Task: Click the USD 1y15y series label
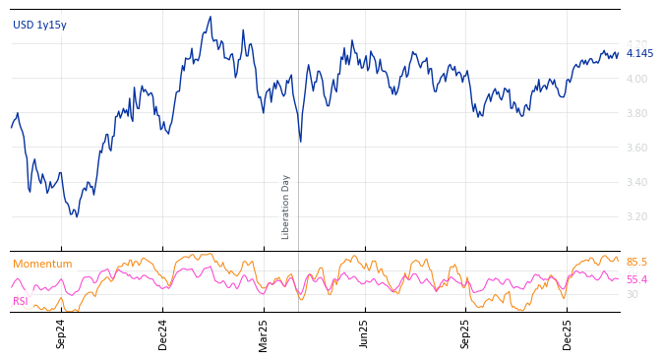(39, 26)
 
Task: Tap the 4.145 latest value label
(639, 54)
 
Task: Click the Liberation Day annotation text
(286, 207)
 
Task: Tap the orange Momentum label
(42, 265)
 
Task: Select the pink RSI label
(21, 302)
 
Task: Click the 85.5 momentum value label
(636, 263)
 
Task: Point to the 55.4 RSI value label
(636, 280)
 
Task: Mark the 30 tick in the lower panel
(632, 295)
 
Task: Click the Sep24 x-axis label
(61, 333)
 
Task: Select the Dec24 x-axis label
(163, 333)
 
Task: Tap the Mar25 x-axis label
(264, 333)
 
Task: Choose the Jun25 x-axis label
(365, 333)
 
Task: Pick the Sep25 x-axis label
(466, 333)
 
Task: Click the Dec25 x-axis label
(568, 333)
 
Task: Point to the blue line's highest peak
(210, 17)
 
